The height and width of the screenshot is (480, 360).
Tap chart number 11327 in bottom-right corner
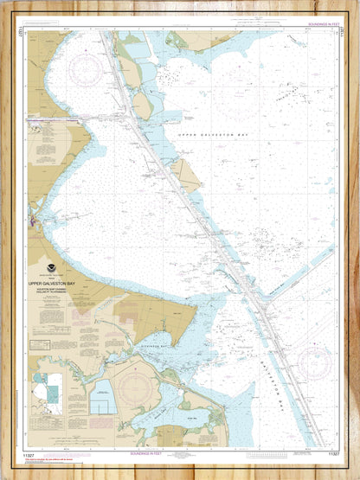coord(328,452)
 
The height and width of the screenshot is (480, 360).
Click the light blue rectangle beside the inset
coord(105,397)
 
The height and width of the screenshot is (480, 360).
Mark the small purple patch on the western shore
coord(33,223)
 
